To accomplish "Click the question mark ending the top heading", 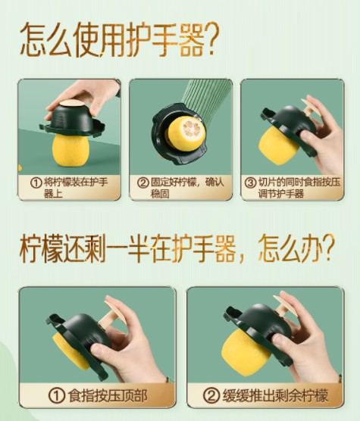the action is tap(211, 39).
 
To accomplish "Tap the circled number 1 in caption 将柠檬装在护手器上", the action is tap(36, 182).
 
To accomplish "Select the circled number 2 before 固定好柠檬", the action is tap(143, 182).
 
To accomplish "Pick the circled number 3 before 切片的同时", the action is tap(250, 182).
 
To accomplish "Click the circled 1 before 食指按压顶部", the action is tap(57, 395).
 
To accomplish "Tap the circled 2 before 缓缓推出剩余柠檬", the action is tap(211, 395).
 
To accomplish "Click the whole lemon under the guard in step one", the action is tap(70, 150).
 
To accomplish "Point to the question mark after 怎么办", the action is tap(328, 248).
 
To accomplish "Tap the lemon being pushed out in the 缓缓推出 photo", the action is tap(246, 352).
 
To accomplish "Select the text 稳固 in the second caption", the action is tap(160, 194).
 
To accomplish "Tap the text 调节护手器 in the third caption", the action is tap(281, 194).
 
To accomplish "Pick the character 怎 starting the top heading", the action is tap(33, 39).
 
